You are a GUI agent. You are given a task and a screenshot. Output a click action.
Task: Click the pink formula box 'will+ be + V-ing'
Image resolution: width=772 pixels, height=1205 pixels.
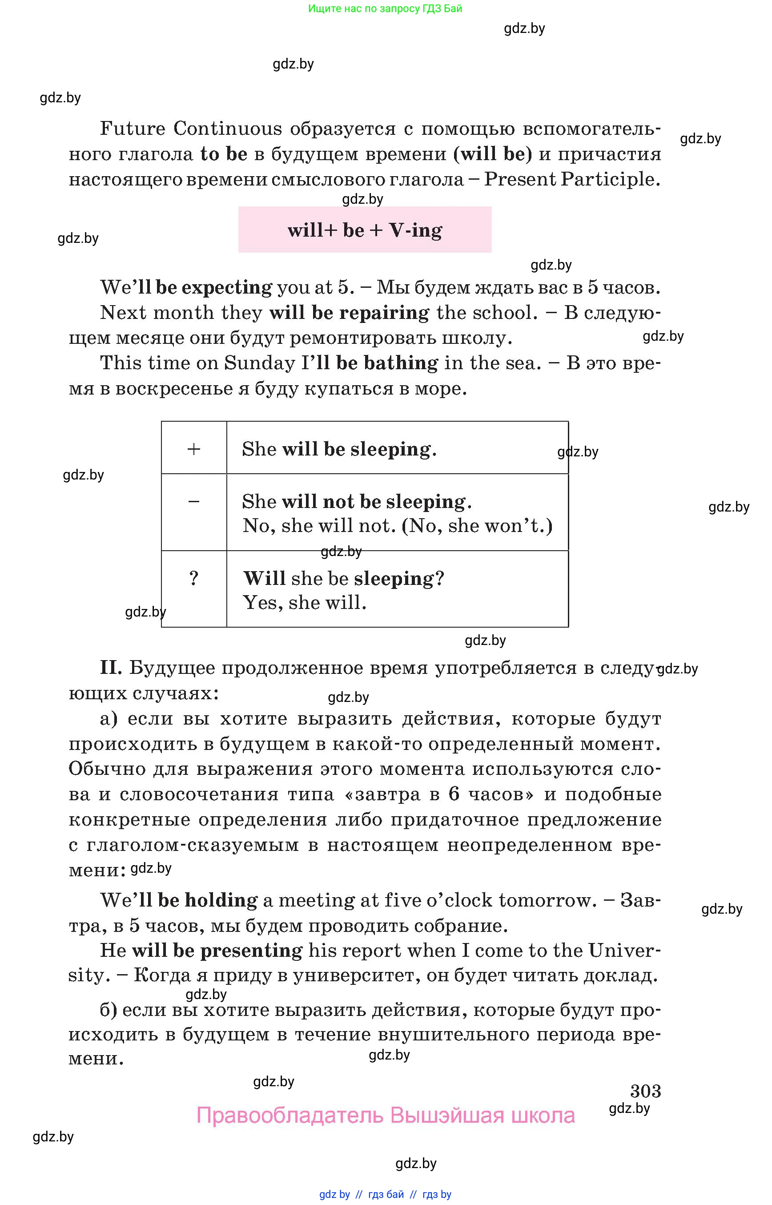[365, 230]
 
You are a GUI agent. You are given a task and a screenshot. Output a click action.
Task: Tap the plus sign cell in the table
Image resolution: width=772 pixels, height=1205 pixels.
[193, 448]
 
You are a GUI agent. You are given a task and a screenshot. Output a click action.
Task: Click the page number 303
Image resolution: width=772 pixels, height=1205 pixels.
[645, 1091]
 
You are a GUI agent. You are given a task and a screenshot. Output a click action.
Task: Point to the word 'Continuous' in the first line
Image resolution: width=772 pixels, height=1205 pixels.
[228, 129]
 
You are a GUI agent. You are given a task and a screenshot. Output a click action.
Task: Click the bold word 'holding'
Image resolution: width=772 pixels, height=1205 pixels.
[221, 900]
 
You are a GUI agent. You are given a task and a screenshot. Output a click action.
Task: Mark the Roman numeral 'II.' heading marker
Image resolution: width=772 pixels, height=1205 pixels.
[111, 667]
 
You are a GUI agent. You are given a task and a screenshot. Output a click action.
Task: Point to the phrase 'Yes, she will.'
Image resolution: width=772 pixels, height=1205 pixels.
[305, 602]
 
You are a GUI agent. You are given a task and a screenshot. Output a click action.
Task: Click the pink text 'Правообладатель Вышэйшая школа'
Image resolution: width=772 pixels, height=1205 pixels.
[385, 1116]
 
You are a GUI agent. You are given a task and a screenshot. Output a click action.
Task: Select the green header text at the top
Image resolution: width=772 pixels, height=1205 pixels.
[385, 8]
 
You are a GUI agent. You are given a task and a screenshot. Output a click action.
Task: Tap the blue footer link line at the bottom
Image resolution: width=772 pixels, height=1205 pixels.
[385, 1194]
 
